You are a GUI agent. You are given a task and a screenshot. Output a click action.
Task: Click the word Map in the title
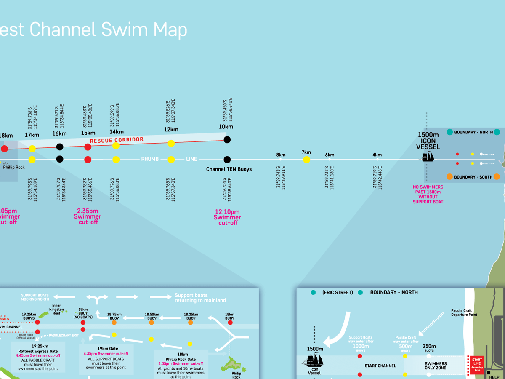coord(165,30)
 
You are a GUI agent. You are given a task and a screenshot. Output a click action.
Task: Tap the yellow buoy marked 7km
coord(306,160)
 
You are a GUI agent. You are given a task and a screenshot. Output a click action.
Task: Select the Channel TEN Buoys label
coord(229,169)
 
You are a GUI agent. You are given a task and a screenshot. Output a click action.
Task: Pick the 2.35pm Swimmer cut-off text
coord(88,216)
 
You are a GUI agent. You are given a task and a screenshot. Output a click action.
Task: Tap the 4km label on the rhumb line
coord(377,155)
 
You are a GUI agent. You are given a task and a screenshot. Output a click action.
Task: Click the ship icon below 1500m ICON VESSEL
coord(428,157)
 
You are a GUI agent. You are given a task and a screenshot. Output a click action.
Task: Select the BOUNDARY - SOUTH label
coord(474,177)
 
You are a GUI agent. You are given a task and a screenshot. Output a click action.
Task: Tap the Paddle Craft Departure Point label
coord(461,312)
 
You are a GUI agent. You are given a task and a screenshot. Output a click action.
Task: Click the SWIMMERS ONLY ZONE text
coord(436,366)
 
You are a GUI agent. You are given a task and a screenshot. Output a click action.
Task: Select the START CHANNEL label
coord(380,366)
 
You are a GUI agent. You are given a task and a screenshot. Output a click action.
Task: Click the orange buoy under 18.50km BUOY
coord(152,323)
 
